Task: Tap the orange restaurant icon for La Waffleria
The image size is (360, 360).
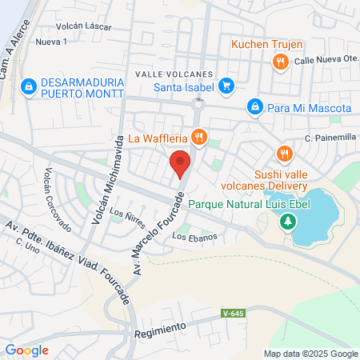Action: (201, 137)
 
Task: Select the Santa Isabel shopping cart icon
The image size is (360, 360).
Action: (226, 86)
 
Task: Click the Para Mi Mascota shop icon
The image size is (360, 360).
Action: (254, 106)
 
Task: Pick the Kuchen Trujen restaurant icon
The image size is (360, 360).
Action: (279, 61)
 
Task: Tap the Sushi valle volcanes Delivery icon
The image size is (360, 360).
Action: (283, 154)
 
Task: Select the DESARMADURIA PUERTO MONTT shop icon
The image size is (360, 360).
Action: (29, 84)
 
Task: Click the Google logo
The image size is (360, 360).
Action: (26, 350)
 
